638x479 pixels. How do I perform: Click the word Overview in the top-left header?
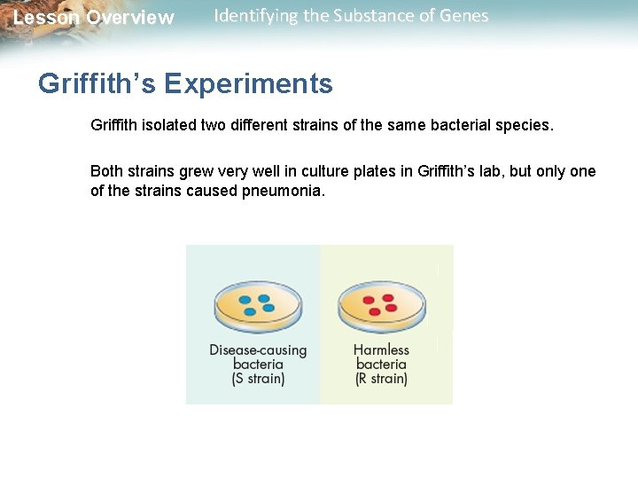(130, 19)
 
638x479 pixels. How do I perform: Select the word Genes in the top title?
(464, 16)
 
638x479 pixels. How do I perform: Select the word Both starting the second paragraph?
(107, 171)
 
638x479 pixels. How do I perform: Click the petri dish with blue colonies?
(258, 307)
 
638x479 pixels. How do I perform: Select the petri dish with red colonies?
(381, 307)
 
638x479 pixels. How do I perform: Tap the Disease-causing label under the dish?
(258, 349)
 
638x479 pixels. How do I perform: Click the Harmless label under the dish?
(381, 349)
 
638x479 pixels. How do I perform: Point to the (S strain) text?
(258, 379)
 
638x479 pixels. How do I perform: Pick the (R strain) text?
(381, 379)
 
